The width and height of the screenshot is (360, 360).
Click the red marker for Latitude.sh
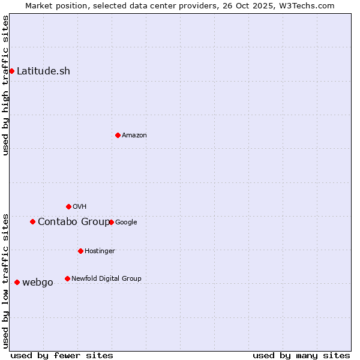[11, 71]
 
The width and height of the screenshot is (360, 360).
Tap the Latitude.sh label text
[43, 71]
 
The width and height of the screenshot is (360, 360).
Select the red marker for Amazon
[118, 135]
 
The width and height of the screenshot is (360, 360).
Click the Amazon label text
[134, 136]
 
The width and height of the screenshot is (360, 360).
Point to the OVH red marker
[68, 206]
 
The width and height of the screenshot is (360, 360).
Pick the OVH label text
[80, 207]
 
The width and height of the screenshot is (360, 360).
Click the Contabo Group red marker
[32, 221]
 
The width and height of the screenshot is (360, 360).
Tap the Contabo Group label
[74, 222]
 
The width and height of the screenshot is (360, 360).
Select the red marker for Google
[111, 222]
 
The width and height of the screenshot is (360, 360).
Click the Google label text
[126, 223]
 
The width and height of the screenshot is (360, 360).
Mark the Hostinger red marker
[80, 251]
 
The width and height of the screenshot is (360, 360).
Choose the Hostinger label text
[100, 251]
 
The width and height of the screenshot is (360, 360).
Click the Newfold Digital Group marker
[67, 278]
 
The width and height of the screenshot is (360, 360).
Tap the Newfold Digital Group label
[106, 279]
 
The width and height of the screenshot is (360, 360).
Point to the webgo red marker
[17, 282]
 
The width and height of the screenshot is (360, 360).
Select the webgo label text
[38, 283]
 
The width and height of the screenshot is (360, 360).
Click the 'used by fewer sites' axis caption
[62, 355]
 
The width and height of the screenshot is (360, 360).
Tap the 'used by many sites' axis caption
[301, 355]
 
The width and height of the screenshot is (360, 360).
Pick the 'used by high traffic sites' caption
[6, 85]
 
